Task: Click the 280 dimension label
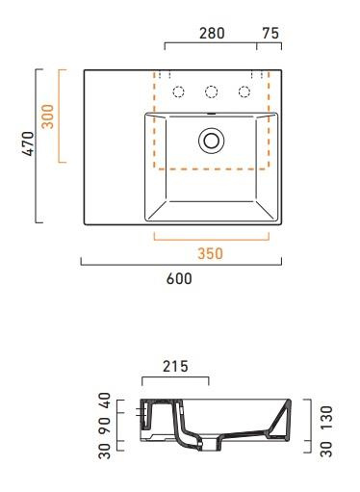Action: click(x=212, y=32)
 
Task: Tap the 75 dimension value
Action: click(x=270, y=32)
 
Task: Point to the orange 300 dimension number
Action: click(x=46, y=116)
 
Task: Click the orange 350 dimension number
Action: click(x=210, y=254)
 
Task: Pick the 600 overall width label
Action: click(x=179, y=279)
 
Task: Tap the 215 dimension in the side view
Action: click(x=173, y=366)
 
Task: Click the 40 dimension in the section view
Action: click(x=105, y=400)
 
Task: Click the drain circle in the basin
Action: click(x=211, y=141)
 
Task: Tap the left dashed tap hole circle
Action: click(x=177, y=91)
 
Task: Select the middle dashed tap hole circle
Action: click(x=211, y=91)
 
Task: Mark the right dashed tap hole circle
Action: click(x=244, y=91)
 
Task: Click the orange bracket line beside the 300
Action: click(x=61, y=116)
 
